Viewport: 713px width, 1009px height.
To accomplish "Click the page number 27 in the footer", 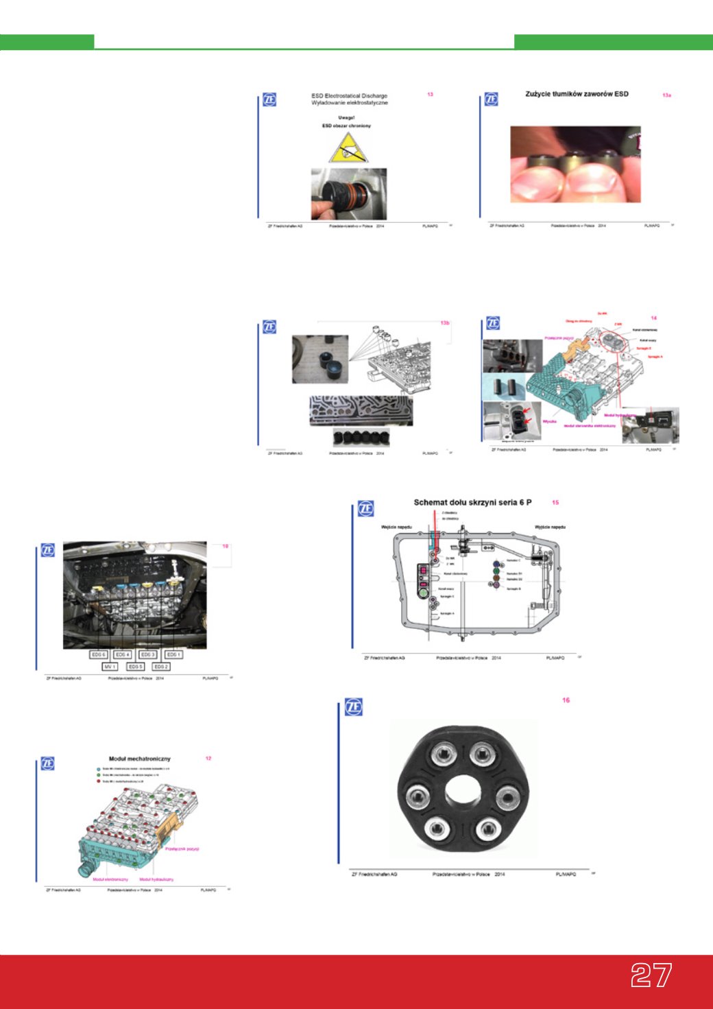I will [651, 975].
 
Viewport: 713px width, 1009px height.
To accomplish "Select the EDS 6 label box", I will [98, 654].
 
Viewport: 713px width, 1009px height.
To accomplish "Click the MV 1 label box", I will [110, 667].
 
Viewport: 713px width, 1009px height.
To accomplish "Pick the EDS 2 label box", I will [160, 667].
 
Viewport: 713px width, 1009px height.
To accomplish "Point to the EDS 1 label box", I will [173, 654].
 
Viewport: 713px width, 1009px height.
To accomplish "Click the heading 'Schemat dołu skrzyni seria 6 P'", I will [472, 503].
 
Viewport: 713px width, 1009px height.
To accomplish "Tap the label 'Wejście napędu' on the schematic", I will [396, 527].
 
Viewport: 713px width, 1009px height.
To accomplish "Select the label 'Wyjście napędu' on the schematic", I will [550, 527].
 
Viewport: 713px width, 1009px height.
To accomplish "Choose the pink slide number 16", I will [566, 700].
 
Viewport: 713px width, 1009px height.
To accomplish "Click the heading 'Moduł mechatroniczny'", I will [139, 759].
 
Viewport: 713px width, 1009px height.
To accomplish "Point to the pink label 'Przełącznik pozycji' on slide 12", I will [182, 849].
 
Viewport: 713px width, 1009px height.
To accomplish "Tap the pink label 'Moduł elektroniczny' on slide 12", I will [110, 879].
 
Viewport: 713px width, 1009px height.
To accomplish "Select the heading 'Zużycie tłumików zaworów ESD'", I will [577, 94].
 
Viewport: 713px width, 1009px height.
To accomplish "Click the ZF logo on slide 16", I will [353, 707].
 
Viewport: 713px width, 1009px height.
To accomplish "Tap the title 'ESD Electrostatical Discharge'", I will [349, 96].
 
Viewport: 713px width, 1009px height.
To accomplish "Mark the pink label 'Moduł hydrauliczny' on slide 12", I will [156, 879].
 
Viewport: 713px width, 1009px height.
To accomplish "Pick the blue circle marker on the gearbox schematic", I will [497, 564].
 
